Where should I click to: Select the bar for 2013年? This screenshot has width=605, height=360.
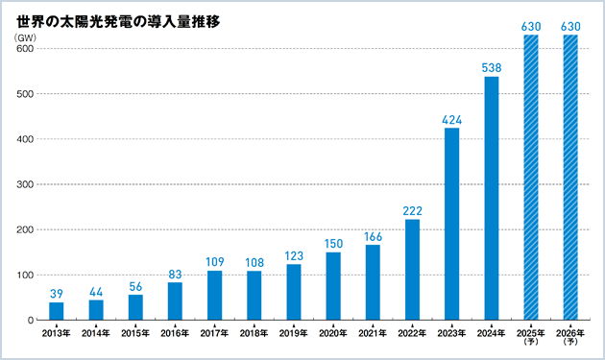coord(57,311)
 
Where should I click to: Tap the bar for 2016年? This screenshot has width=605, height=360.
coord(175,300)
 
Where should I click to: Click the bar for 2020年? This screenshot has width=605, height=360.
coord(333,286)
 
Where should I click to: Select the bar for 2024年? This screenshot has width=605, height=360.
coord(491,198)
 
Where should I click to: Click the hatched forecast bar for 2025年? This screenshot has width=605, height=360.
coord(530,178)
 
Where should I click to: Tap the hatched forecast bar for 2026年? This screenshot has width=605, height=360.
coord(570,178)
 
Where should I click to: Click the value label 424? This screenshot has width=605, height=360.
coord(451,121)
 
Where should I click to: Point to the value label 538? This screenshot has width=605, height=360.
coord(491,69)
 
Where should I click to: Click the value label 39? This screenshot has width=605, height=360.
coord(57,295)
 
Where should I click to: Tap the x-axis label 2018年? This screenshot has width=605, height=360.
coord(254,333)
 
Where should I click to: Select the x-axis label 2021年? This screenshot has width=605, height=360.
coord(373,333)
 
